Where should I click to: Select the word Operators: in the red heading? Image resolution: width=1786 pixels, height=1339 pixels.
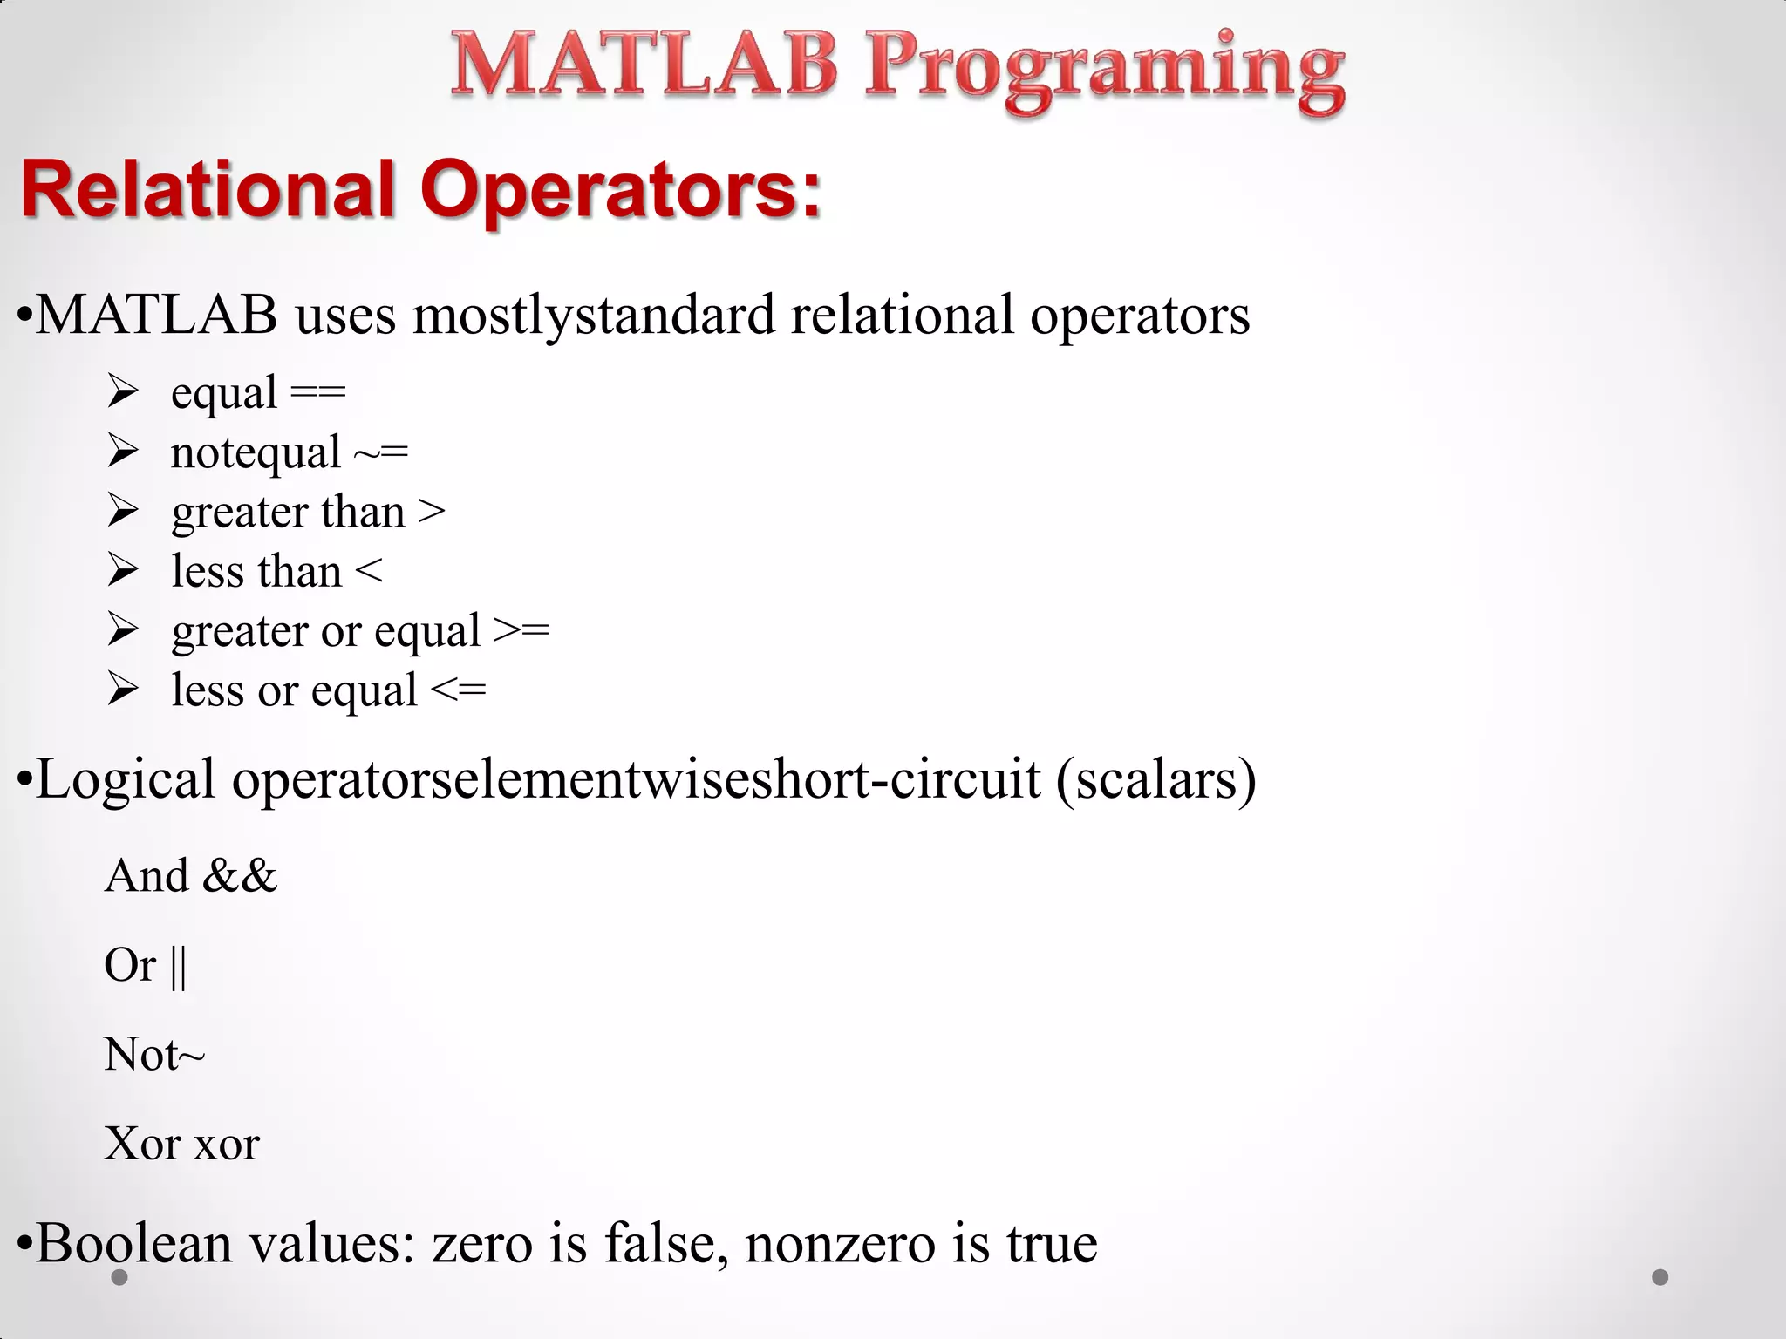coord(621,190)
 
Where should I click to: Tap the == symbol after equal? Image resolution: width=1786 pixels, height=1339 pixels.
coord(318,392)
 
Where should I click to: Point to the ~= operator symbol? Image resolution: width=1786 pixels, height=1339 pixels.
coord(381,453)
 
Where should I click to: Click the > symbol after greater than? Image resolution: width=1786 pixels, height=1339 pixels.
coord(432,512)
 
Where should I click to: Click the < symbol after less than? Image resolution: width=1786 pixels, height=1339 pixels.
coord(369,572)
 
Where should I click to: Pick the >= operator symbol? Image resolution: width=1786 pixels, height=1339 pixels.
coord(521,630)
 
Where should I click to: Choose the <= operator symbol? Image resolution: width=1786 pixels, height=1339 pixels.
coord(459,690)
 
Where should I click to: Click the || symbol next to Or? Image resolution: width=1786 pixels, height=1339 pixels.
coord(178,966)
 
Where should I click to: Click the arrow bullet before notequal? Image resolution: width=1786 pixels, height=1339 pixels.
coord(123,452)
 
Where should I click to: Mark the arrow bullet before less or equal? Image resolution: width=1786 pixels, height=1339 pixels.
coord(123,690)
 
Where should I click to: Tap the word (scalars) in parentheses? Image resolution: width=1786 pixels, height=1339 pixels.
coord(1156,779)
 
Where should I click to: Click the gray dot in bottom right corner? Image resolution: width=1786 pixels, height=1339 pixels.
coord(1660,1277)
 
